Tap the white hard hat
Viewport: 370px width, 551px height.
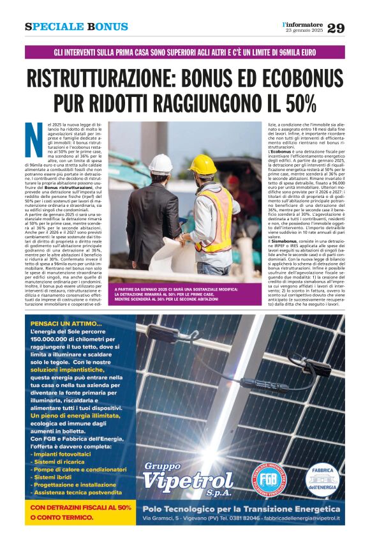tap(159, 164)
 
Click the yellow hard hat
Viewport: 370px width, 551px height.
tap(202, 165)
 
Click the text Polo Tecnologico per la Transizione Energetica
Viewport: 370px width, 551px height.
tap(241, 508)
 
